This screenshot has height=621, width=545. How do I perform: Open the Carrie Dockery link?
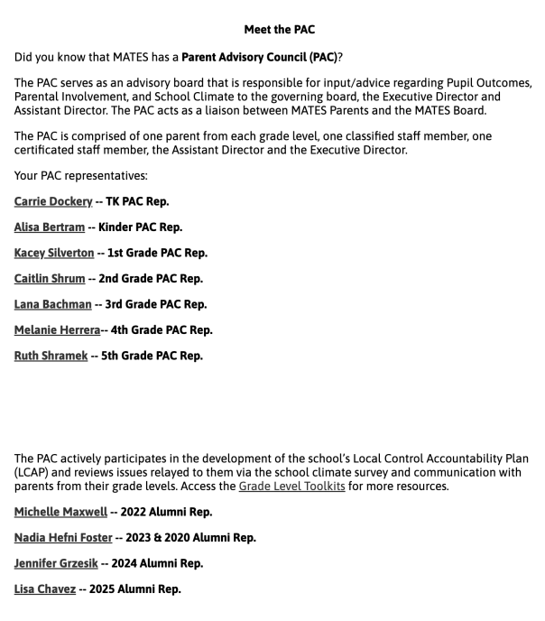tap(53, 201)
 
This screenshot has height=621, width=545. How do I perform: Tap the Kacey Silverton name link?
tap(55, 253)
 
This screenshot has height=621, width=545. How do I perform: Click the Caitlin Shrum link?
tap(50, 278)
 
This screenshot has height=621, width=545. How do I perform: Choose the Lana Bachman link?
tap(52, 304)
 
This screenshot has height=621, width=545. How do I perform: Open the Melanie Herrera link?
tap(57, 329)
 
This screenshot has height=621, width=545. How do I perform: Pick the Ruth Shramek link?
tap(51, 356)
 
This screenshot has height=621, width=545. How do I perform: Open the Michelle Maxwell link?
tap(60, 512)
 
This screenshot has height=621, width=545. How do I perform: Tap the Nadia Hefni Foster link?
tap(63, 538)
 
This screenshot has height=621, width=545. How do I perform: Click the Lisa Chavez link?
tap(46, 589)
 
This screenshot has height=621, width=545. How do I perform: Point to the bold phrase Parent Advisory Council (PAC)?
tap(259, 56)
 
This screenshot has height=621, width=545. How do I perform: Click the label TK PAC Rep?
tap(137, 201)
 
